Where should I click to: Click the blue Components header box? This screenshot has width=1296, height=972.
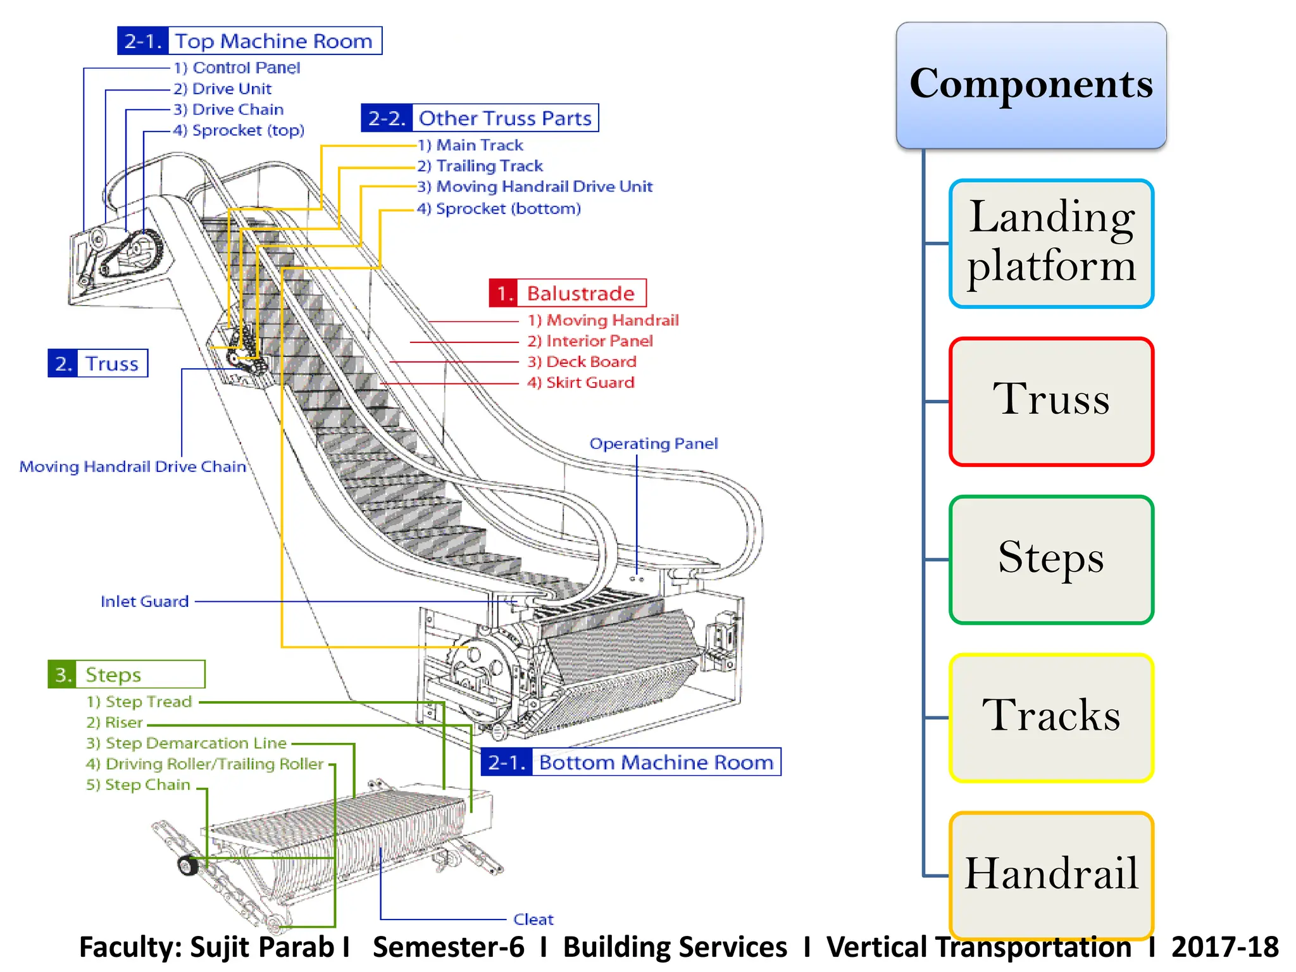1031,85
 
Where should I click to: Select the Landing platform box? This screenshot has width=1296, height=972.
1051,244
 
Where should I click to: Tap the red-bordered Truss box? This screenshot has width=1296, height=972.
1051,401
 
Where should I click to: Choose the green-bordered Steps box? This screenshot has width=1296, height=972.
1051,559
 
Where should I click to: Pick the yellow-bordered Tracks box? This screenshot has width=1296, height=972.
1051,718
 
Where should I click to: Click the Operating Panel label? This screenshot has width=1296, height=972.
654,444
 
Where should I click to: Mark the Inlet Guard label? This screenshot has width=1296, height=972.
144,601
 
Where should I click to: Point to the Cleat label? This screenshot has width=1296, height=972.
533,919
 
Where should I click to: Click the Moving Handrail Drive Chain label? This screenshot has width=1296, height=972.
132,467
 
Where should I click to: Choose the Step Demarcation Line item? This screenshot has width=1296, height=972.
187,743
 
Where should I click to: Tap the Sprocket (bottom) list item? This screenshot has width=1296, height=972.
499,209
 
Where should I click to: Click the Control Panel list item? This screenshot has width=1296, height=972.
237,68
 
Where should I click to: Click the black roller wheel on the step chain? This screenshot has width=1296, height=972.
188,865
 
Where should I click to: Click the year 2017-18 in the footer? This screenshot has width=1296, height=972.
1224,947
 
